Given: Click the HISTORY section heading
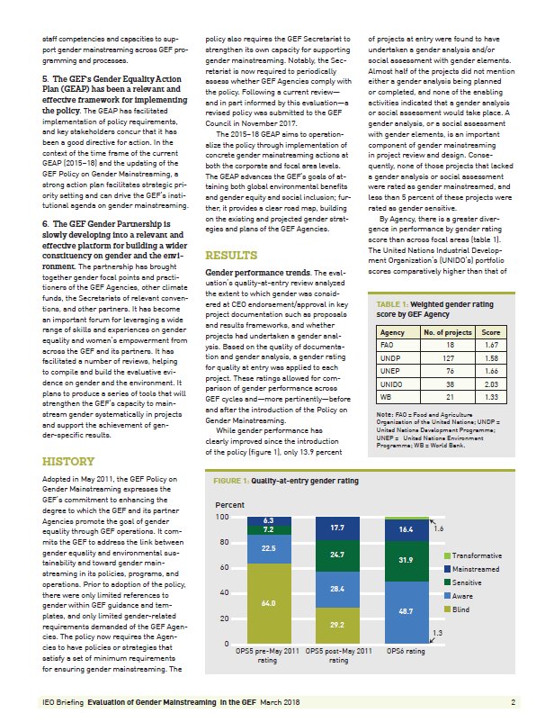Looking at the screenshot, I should [68, 462].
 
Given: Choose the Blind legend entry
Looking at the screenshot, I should [464, 609].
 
